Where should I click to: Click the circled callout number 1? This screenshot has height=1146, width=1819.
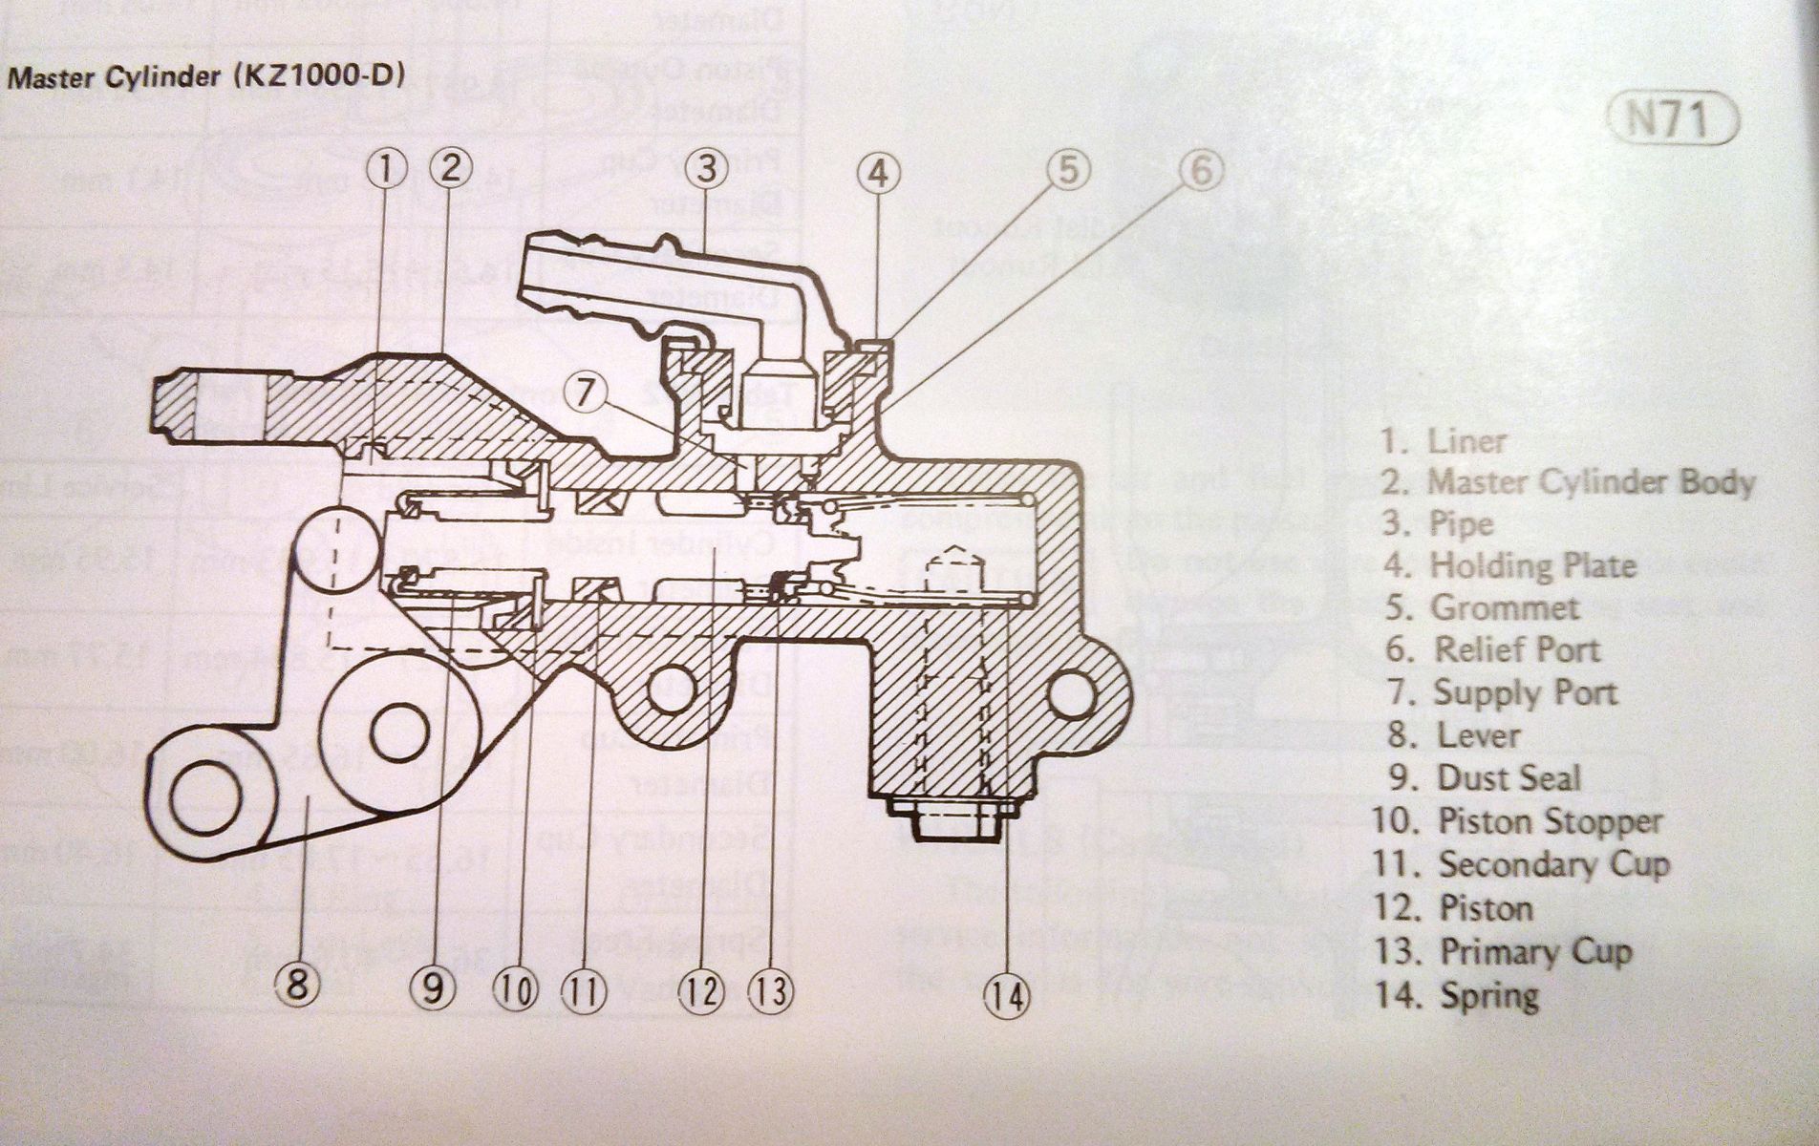[386, 170]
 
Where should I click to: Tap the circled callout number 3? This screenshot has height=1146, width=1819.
[706, 169]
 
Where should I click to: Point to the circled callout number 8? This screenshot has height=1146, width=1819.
[297, 983]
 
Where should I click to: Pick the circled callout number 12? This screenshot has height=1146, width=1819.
[700, 990]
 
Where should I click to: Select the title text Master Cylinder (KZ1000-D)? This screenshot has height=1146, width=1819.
[205, 76]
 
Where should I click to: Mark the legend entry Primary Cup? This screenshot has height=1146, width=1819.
[1504, 951]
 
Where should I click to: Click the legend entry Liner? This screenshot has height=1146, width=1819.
[1444, 441]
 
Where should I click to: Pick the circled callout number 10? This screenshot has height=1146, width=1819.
[515, 990]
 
